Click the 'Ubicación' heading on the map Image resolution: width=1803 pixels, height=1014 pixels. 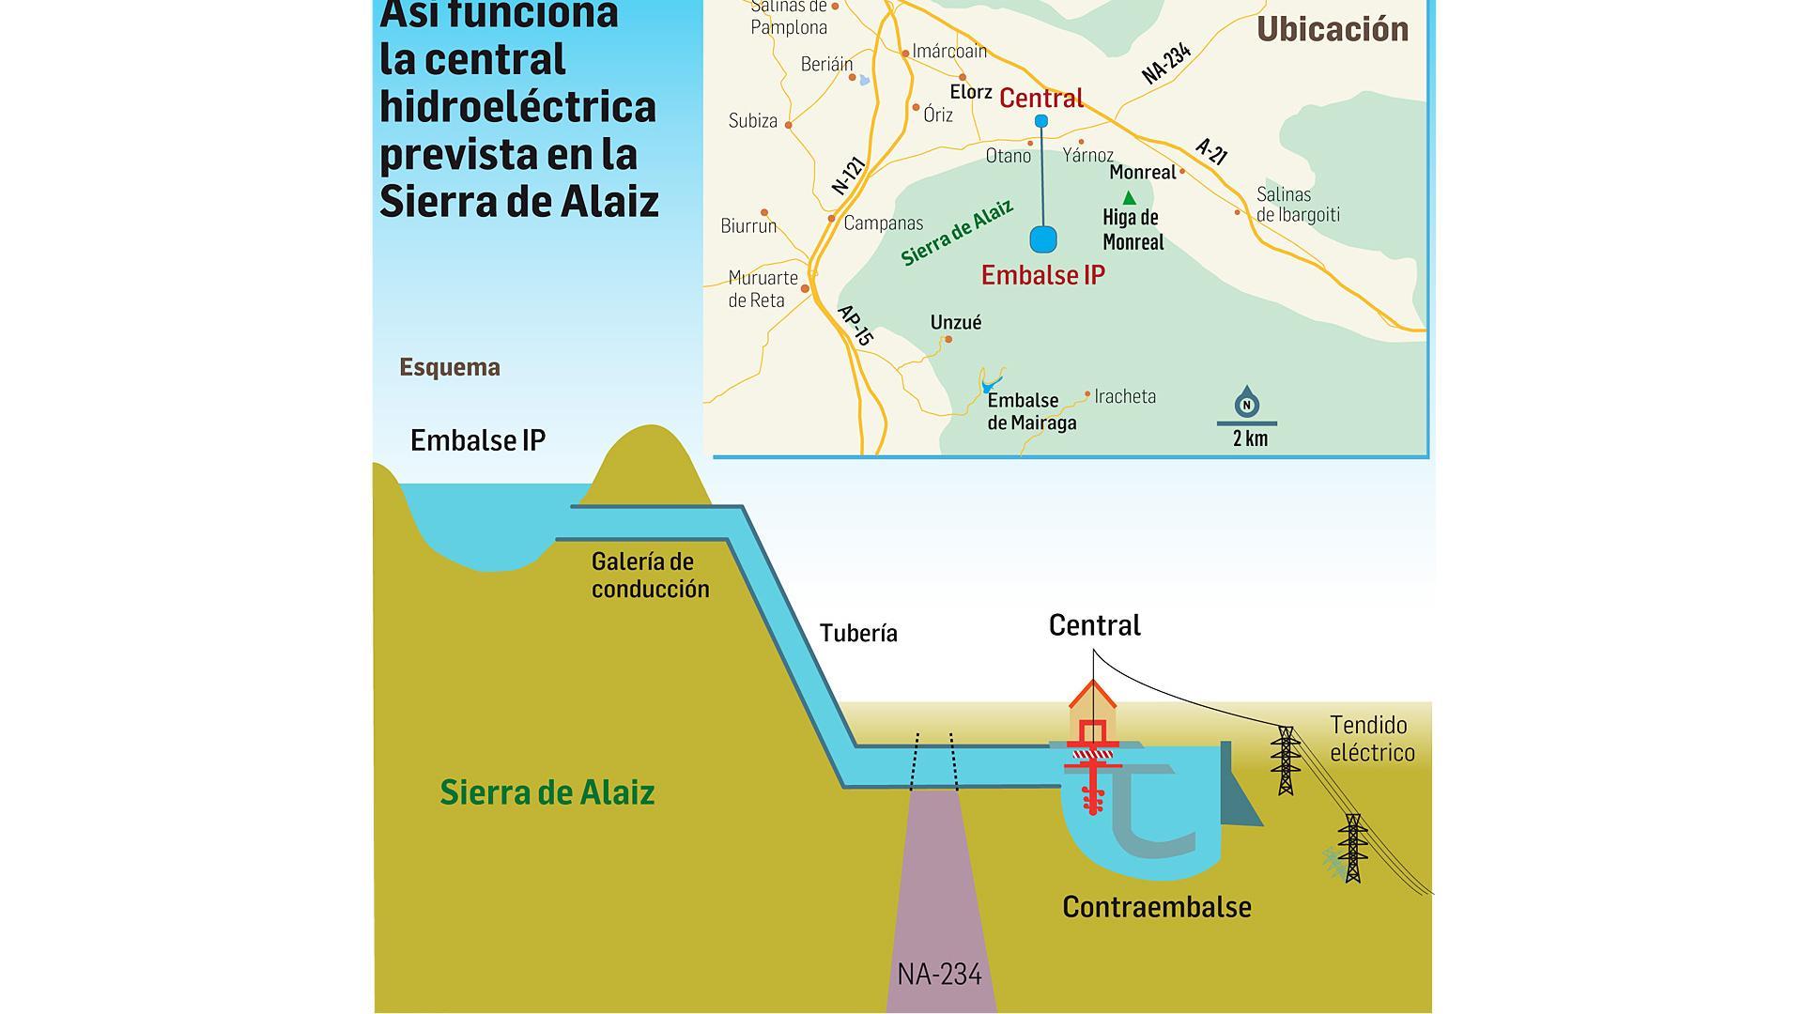coord(1332,29)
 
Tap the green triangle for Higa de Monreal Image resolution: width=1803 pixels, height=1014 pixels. coord(1130,198)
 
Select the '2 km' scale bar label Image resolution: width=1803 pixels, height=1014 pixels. coord(1250,438)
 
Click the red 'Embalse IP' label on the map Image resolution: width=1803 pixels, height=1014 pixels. coord(1042,275)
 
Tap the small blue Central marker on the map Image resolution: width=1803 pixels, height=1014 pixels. coord(1040,121)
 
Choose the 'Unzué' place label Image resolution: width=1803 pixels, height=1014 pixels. coord(956,323)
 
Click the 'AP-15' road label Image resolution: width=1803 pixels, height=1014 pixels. coord(855,325)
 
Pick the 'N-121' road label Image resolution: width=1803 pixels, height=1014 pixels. coord(848,176)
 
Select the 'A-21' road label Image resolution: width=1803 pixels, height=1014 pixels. coord(1211,151)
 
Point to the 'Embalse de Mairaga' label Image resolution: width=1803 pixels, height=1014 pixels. coord(1031,411)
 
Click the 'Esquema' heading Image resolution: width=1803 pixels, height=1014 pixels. coord(450,367)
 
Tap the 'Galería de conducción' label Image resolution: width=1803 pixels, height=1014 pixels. coord(650,576)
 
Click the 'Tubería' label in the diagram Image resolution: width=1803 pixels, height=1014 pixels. coord(858,633)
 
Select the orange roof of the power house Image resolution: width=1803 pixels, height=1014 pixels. coord(1093,696)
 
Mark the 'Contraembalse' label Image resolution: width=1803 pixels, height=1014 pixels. coord(1156,907)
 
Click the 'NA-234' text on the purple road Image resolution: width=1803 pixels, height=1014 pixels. coord(939,975)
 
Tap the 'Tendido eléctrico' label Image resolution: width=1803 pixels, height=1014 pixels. coord(1371,738)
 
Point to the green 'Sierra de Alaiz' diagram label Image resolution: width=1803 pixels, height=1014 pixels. coord(547,792)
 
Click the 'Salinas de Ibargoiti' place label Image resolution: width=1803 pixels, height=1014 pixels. coord(1297,205)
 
